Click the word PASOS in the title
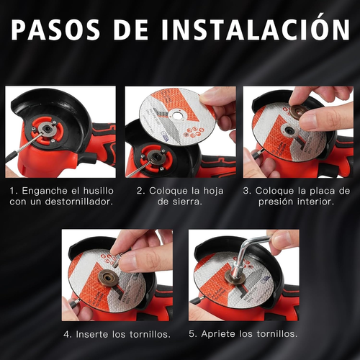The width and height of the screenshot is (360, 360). tap(55, 29)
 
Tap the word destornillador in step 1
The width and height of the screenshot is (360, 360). tap(78, 202)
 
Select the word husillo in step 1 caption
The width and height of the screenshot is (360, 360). tap(99, 191)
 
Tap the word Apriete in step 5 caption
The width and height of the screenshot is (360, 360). tap(218, 334)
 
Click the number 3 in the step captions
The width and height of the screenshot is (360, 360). tap(246, 191)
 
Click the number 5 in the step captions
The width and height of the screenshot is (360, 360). tap(192, 334)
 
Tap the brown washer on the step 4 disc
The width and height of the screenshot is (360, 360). tap(107, 278)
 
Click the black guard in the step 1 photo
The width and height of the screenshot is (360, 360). tap(55, 113)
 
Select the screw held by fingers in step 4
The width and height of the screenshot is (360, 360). tap(117, 259)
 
